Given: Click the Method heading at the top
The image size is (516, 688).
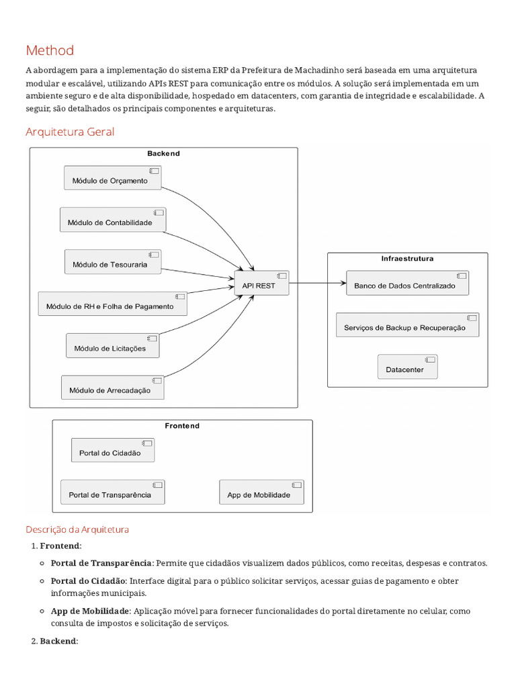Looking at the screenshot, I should (50, 50).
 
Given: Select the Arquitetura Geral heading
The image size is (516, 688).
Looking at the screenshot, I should (70, 132).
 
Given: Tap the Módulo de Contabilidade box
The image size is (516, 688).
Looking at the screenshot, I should (112, 220).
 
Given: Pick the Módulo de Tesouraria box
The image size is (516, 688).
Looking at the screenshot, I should (115, 262).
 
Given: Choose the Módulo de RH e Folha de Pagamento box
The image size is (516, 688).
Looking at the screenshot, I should (112, 304).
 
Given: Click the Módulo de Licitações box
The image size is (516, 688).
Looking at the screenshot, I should (115, 346).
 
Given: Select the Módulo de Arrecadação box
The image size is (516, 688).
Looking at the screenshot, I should (112, 388).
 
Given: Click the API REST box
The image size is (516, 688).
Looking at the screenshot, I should (261, 284).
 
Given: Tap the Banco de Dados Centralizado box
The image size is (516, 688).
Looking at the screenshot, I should (407, 284).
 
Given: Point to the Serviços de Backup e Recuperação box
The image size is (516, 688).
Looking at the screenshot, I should (407, 325).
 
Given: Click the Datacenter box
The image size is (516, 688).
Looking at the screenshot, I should (407, 367).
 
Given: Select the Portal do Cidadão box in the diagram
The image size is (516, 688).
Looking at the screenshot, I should (112, 451).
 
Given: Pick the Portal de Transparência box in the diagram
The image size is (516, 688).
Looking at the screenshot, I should (112, 492).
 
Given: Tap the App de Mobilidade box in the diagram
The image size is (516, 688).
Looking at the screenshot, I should (261, 492).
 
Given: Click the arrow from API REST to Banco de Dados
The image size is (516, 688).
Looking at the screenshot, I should (317, 284).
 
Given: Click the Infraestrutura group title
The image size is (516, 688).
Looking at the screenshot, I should (407, 259).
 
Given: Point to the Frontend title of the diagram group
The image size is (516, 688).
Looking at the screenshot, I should (182, 426).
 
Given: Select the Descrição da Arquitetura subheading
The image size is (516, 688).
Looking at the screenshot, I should (77, 529).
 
